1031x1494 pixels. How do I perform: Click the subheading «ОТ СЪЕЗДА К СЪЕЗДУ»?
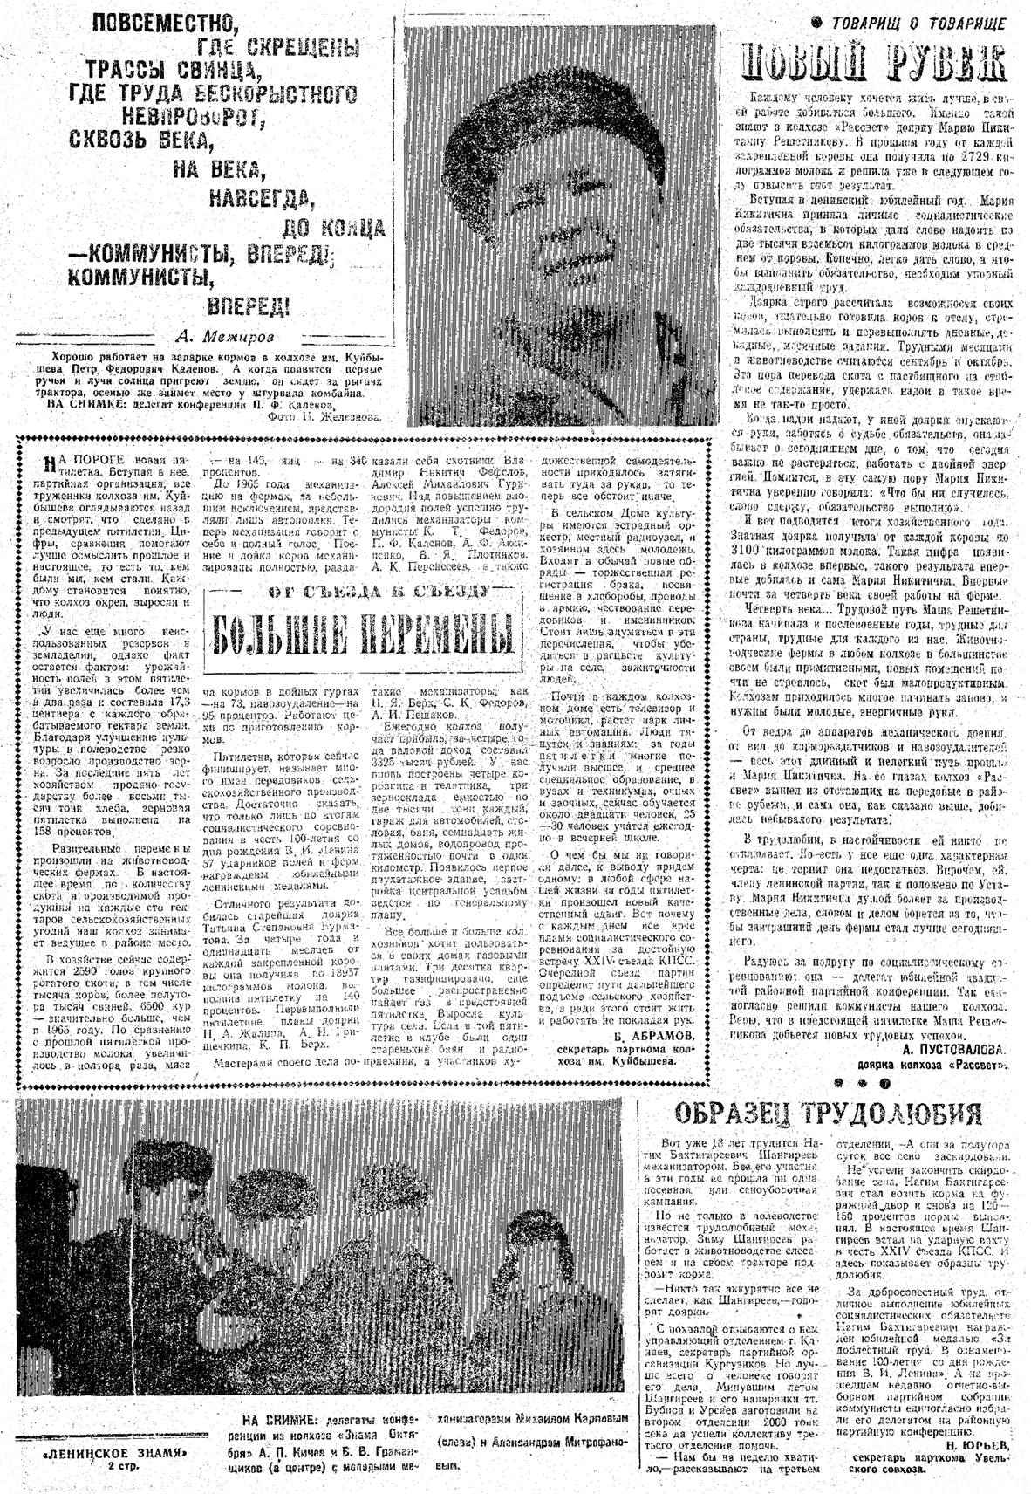point(356,591)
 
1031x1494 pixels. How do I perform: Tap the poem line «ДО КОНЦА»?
point(336,229)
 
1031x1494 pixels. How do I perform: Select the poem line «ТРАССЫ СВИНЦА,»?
point(169,68)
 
